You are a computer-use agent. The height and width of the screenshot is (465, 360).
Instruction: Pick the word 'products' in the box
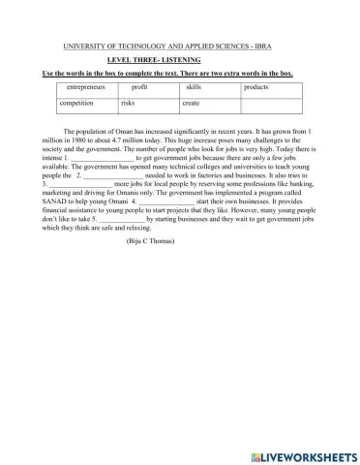[255, 87]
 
